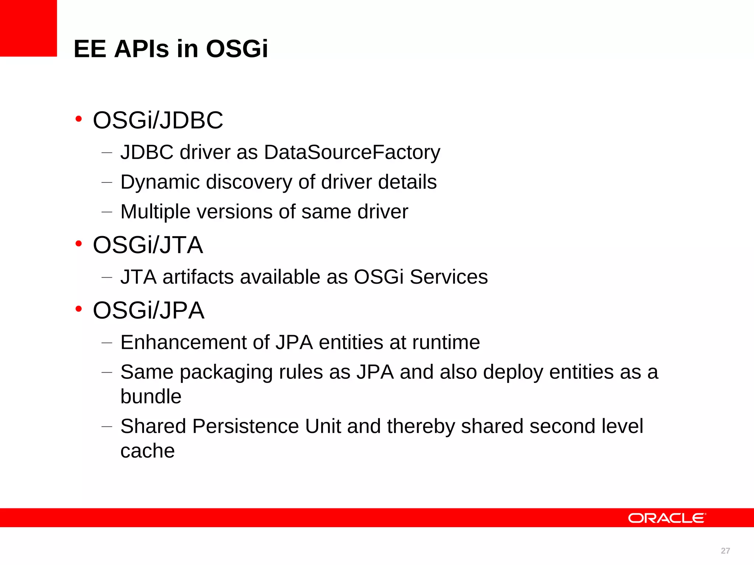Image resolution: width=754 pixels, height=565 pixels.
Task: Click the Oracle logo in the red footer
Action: pos(667,518)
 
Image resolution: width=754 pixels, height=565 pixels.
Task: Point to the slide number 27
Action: pos(725,551)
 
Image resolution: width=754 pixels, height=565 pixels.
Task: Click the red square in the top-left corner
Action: pos(28,28)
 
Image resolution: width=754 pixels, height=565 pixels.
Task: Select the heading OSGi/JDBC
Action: pos(158,120)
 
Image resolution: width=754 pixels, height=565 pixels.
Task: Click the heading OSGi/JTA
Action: pos(148,245)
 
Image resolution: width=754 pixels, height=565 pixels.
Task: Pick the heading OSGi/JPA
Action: pos(148,310)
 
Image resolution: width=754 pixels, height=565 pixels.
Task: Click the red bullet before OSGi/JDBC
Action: pos(78,119)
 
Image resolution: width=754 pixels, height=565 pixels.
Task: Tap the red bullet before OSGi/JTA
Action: pos(78,244)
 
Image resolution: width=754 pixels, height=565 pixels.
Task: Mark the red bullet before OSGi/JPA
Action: pos(78,309)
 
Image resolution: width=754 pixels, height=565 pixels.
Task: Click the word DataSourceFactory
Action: pos(352,152)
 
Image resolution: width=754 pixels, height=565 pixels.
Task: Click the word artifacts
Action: pos(198,277)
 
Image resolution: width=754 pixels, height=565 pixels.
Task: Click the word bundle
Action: pos(151,397)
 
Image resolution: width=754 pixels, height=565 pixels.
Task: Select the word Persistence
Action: pos(245,426)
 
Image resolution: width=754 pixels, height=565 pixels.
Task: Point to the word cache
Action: pos(148,451)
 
